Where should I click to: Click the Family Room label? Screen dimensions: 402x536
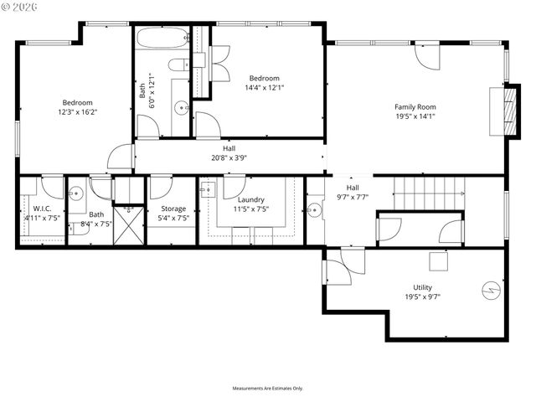[415, 106]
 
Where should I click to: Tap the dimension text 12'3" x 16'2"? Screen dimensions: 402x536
[77, 111]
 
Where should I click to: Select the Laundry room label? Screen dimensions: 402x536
[251, 199]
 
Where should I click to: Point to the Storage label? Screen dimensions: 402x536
[173, 209]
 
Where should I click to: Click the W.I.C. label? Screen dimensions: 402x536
[42, 209]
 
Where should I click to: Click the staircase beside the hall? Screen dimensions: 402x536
[428, 190]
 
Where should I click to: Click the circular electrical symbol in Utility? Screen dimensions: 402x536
[489, 291]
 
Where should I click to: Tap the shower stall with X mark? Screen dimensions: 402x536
[129, 225]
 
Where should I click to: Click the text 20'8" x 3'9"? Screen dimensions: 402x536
[229, 157]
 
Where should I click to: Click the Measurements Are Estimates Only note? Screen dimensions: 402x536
[268, 389]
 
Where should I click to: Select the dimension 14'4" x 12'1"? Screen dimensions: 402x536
[265, 87]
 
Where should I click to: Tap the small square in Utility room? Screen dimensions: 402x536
[439, 261]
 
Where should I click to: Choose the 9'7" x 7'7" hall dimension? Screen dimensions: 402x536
[353, 197]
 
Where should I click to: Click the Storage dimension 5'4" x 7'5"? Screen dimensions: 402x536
[173, 219]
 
